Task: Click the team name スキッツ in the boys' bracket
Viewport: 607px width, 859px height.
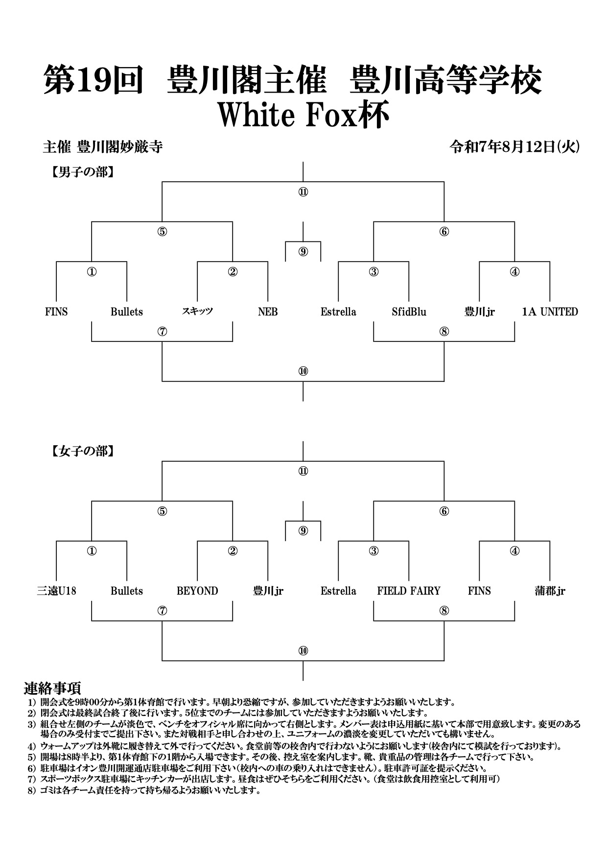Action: (197, 311)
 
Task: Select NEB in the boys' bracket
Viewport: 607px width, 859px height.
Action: (268, 312)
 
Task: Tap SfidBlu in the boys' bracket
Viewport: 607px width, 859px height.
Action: (409, 312)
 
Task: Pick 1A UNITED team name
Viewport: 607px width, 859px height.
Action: (550, 312)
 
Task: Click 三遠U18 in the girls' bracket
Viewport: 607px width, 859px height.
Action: (56, 591)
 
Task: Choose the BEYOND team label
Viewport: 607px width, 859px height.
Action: (197, 591)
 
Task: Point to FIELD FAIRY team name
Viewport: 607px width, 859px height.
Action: (409, 591)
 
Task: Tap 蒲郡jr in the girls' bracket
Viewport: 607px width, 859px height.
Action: (550, 591)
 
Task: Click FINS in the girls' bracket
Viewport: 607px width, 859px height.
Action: (479, 591)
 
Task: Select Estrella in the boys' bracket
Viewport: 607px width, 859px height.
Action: (338, 312)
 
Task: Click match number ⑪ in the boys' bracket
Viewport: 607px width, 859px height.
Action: (303, 192)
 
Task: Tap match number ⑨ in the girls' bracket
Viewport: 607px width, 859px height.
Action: (303, 531)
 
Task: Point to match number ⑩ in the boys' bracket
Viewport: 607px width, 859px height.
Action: (303, 371)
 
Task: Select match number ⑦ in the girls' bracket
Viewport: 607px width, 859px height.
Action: (162, 611)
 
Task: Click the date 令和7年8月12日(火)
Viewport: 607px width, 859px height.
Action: (515, 147)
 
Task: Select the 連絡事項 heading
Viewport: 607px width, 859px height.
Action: (52, 688)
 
